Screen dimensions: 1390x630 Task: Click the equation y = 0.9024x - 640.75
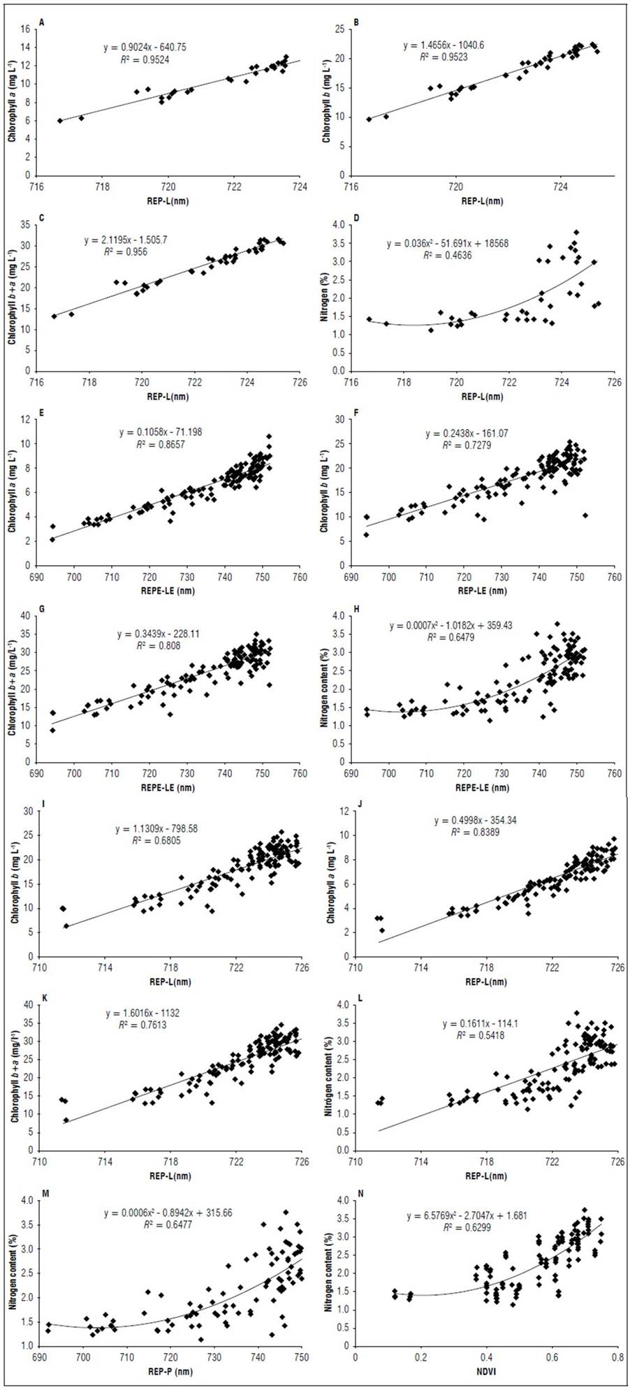(x=145, y=47)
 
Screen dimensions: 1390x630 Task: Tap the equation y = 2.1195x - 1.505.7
(x=126, y=240)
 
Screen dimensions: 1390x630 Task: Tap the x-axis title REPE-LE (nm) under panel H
(x=483, y=787)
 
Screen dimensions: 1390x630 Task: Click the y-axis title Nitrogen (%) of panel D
(x=325, y=298)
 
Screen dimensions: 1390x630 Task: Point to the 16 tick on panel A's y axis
(x=26, y=29)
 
